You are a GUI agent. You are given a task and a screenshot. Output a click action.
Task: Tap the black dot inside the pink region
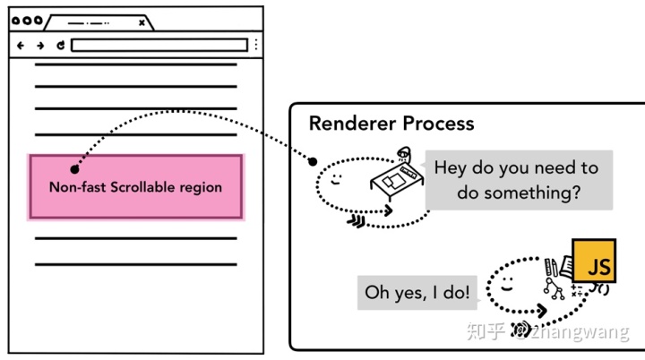[x=74, y=168]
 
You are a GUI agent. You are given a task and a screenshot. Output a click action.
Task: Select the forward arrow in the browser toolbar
[x=40, y=45]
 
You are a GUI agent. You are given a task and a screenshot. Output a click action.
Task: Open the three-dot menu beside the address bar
[x=256, y=45]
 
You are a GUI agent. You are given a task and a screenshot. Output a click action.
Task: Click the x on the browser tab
[x=142, y=22]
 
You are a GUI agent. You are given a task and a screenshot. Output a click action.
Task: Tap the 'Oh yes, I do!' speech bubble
[x=417, y=293]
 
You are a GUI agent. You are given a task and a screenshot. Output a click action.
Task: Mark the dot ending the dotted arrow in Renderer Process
[x=313, y=162]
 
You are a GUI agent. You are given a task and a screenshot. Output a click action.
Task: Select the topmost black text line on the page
[x=135, y=64]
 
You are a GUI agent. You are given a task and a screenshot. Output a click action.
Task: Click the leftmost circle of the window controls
[x=16, y=20]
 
